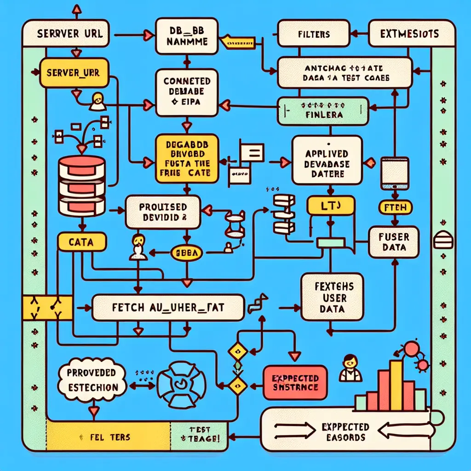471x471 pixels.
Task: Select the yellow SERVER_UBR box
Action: [73, 72]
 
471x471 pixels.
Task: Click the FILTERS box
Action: [314, 34]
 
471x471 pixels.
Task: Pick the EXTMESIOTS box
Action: [409, 34]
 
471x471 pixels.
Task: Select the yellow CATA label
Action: [82, 242]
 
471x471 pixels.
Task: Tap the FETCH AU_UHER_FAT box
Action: [167, 307]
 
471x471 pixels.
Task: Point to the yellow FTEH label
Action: [394, 208]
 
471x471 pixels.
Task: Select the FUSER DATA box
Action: [394, 241]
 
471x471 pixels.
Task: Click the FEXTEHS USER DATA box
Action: [332, 298]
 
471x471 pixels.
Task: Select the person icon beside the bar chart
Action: [350, 368]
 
